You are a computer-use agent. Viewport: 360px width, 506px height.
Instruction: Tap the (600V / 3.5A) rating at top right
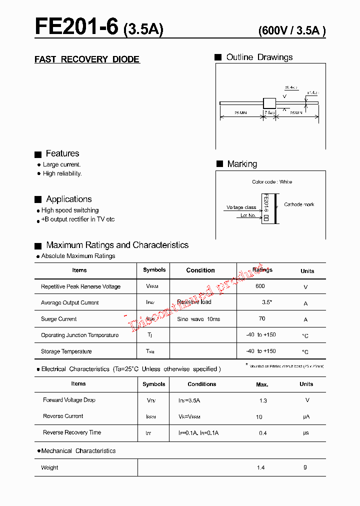[292, 30]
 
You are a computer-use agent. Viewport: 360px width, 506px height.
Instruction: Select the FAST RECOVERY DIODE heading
[87, 59]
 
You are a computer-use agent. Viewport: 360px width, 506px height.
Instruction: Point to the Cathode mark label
[299, 204]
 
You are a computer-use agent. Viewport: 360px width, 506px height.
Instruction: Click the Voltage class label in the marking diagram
[241, 207]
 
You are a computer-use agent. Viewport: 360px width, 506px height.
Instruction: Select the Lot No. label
[248, 215]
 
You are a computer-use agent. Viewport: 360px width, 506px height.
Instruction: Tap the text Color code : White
[272, 182]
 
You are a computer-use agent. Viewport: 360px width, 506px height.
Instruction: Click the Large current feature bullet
[61, 164]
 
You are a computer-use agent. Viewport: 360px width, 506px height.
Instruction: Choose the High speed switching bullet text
[70, 210]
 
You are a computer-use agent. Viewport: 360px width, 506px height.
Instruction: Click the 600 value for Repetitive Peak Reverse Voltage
[260, 286]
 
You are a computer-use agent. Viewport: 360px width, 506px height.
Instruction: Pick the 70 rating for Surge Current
[262, 318]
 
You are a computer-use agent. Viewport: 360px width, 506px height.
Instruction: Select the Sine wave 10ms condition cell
[198, 319]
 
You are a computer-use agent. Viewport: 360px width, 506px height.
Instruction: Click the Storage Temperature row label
[66, 351]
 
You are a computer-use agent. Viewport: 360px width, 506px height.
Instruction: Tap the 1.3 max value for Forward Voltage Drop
[263, 400]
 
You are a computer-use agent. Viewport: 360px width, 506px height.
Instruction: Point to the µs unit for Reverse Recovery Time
[305, 433]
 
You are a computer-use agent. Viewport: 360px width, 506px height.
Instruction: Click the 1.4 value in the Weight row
[260, 467]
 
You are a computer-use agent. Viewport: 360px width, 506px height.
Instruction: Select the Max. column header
[262, 384]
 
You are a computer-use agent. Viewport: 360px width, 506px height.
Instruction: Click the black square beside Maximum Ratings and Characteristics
[37, 246]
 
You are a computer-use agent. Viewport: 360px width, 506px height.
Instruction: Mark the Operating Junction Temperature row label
[80, 335]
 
